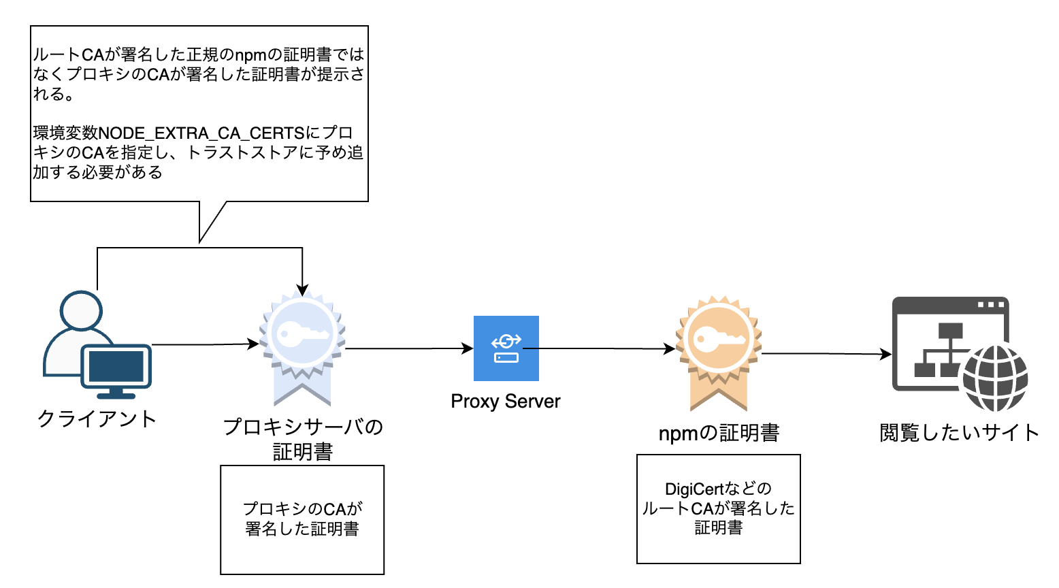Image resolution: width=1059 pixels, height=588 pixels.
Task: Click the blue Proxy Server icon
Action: (506, 348)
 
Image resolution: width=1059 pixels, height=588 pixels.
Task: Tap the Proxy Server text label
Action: (505, 402)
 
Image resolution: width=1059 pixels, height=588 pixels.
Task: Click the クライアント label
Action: (97, 418)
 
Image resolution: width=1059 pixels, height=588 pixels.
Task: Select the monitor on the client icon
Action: (116, 368)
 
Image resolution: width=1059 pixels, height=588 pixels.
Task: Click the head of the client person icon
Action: (81, 311)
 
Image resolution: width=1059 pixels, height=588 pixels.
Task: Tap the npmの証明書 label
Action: (719, 433)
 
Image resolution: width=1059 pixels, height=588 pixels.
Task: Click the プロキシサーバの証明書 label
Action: (303, 439)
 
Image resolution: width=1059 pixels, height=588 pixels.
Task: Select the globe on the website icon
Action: (994, 378)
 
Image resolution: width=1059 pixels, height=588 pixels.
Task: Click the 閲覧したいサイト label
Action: (959, 433)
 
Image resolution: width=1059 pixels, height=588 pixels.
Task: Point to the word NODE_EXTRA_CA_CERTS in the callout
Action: (201, 133)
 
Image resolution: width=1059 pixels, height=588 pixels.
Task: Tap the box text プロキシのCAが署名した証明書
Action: (302, 519)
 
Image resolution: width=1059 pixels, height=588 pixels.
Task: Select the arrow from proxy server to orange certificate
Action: (599, 348)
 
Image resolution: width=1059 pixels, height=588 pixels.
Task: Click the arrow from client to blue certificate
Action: (204, 344)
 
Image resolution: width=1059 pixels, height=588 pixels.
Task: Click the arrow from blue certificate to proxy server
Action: (408, 348)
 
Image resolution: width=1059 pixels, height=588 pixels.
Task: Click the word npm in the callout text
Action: (250, 55)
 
